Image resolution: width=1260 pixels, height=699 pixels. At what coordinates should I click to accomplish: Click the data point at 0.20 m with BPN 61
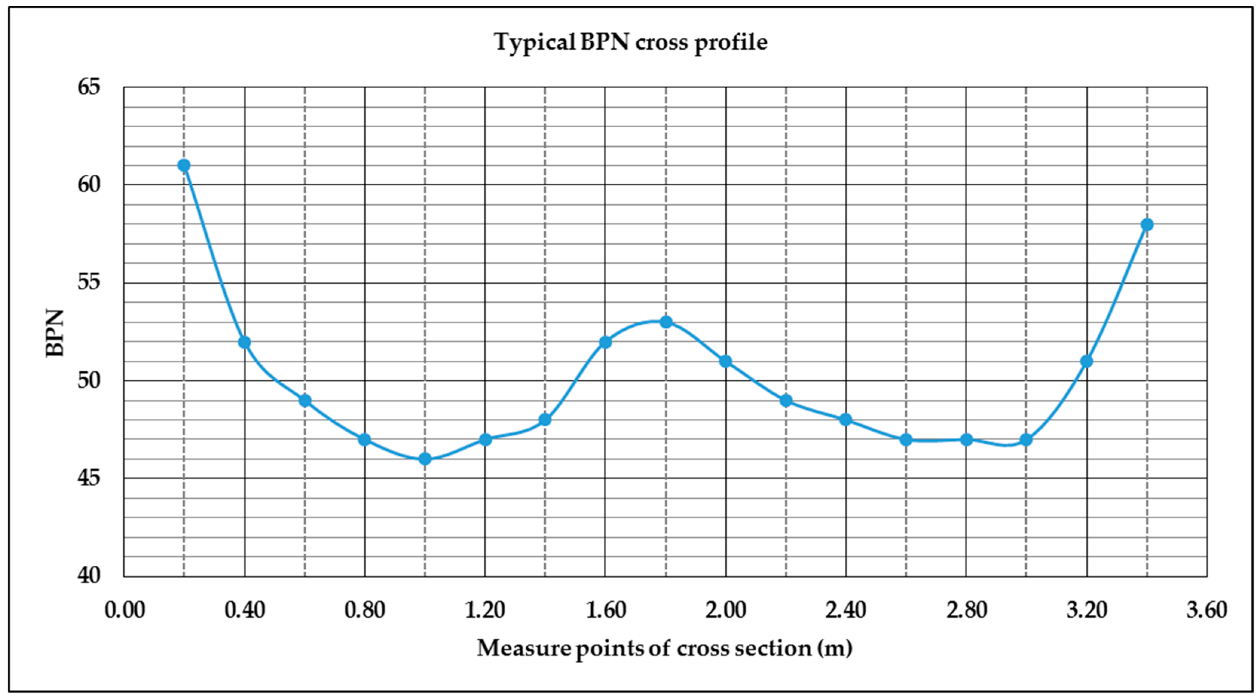(184, 165)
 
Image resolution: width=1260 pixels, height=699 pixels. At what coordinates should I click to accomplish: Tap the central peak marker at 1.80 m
(666, 322)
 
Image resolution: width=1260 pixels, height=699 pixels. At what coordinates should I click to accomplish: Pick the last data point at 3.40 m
(1147, 224)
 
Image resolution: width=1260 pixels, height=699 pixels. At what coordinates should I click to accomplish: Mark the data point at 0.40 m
(245, 342)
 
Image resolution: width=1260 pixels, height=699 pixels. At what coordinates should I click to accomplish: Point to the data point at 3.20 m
(1087, 361)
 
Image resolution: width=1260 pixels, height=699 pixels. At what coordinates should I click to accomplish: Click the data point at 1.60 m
(605, 342)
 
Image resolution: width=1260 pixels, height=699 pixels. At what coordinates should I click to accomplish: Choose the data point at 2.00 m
(726, 361)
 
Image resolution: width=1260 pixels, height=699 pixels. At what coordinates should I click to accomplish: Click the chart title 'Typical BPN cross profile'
(630, 43)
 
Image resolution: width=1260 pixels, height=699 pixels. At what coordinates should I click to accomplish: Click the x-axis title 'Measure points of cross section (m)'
(664, 649)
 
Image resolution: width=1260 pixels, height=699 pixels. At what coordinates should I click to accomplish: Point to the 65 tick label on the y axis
(89, 87)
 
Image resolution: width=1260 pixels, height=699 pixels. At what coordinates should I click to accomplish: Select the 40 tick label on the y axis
(89, 576)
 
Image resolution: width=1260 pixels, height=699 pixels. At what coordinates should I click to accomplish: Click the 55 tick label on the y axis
(89, 282)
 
